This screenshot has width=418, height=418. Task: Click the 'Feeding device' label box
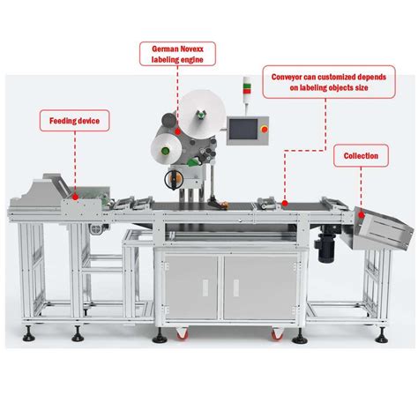click(75, 118)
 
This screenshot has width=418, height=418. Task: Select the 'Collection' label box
click(362, 155)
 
